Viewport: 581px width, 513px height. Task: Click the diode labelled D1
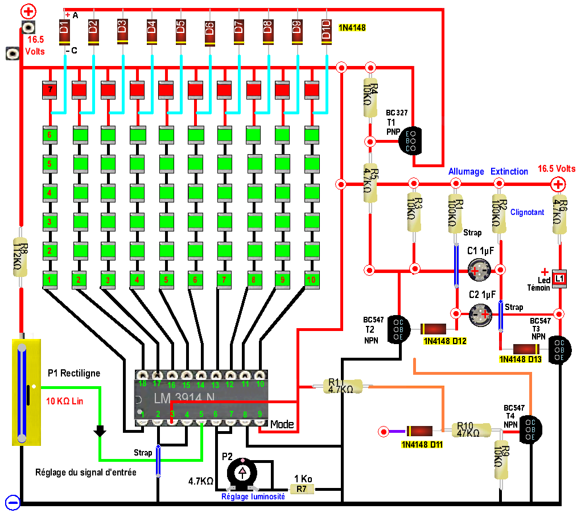(64, 32)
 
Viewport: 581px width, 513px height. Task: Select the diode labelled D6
(209, 32)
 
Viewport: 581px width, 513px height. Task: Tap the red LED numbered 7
(50, 90)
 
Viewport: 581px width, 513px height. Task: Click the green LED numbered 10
(311, 280)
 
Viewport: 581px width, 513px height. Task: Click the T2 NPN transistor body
(398, 329)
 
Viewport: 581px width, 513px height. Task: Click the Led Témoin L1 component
(559, 279)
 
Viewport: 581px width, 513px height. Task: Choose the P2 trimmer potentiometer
(242, 473)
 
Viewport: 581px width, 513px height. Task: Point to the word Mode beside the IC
(282, 424)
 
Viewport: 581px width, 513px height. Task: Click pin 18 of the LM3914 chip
(142, 375)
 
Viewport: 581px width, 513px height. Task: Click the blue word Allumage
(465, 171)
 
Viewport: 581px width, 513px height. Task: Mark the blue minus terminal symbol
(13, 502)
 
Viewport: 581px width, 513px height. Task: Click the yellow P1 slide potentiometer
(27, 392)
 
